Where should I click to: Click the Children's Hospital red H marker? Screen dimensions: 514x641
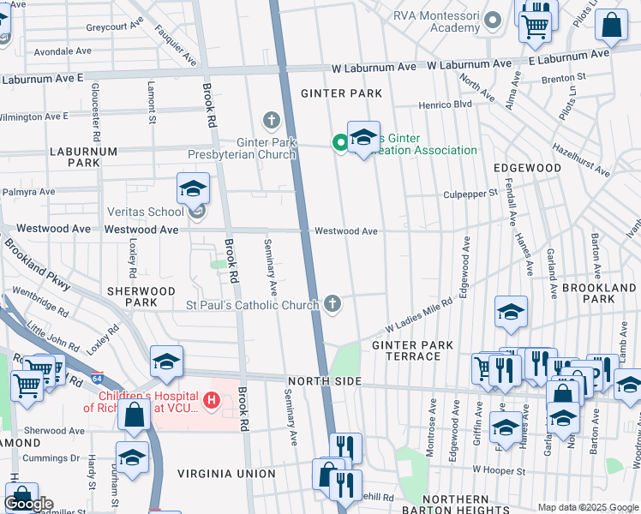click(x=210, y=400)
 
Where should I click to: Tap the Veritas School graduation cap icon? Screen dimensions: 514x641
click(x=193, y=188)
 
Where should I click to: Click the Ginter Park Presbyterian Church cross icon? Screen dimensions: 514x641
click(x=272, y=119)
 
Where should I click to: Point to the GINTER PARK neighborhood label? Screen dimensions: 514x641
click(x=334, y=93)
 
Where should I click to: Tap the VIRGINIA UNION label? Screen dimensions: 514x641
click(x=226, y=473)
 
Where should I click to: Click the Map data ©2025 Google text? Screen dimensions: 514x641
click(x=587, y=506)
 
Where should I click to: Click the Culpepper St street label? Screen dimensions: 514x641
click(x=470, y=194)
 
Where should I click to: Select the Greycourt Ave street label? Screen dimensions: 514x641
click(x=112, y=27)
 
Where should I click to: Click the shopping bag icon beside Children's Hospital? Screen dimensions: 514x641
click(x=135, y=417)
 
